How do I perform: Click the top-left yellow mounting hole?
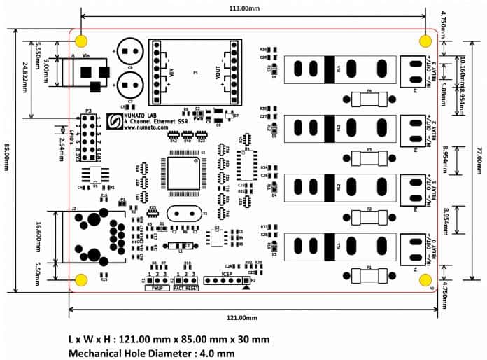[x=82, y=40]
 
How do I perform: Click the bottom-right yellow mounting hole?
[x=425, y=279]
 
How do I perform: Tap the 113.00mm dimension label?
[x=253, y=9]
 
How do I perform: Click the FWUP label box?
[x=157, y=288]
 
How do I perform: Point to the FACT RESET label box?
[x=187, y=288]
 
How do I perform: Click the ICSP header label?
[x=226, y=275]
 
